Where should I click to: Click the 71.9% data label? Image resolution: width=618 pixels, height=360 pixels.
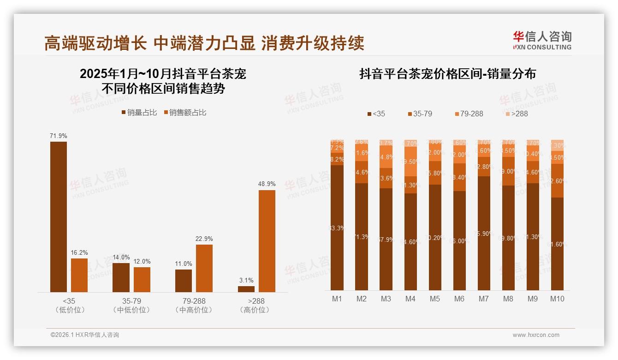click(x=59, y=136)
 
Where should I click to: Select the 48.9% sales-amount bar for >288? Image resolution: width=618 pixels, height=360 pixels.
click(x=267, y=241)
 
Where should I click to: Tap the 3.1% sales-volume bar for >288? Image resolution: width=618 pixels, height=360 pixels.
click(x=246, y=289)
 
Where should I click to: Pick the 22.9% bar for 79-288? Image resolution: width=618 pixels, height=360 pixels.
click(x=204, y=268)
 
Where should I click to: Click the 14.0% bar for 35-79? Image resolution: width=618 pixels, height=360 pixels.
click(x=121, y=277)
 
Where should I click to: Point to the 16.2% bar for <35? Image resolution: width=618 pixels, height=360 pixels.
click(x=79, y=275)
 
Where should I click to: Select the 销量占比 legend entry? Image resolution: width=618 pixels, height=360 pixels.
click(x=139, y=112)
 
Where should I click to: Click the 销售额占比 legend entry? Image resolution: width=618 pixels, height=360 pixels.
click(x=185, y=112)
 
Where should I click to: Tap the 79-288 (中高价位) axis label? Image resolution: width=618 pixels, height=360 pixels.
click(x=194, y=305)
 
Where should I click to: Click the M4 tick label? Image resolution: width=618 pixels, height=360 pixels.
click(x=410, y=299)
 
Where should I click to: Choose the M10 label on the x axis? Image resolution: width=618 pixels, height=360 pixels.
click(x=557, y=299)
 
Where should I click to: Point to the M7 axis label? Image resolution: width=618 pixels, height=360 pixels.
click(x=483, y=299)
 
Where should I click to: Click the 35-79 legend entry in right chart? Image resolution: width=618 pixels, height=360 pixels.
click(x=419, y=114)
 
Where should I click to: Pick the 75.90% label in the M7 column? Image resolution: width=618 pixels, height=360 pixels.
click(x=484, y=233)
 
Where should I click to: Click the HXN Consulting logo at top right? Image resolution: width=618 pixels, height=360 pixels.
click(x=542, y=40)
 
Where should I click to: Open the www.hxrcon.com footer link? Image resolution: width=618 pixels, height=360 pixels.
click(x=536, y=335)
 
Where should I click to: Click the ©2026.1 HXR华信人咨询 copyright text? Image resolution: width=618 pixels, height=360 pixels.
click(x=85, y=335)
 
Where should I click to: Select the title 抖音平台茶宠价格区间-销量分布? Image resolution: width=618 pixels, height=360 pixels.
click(x=447, y=74)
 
